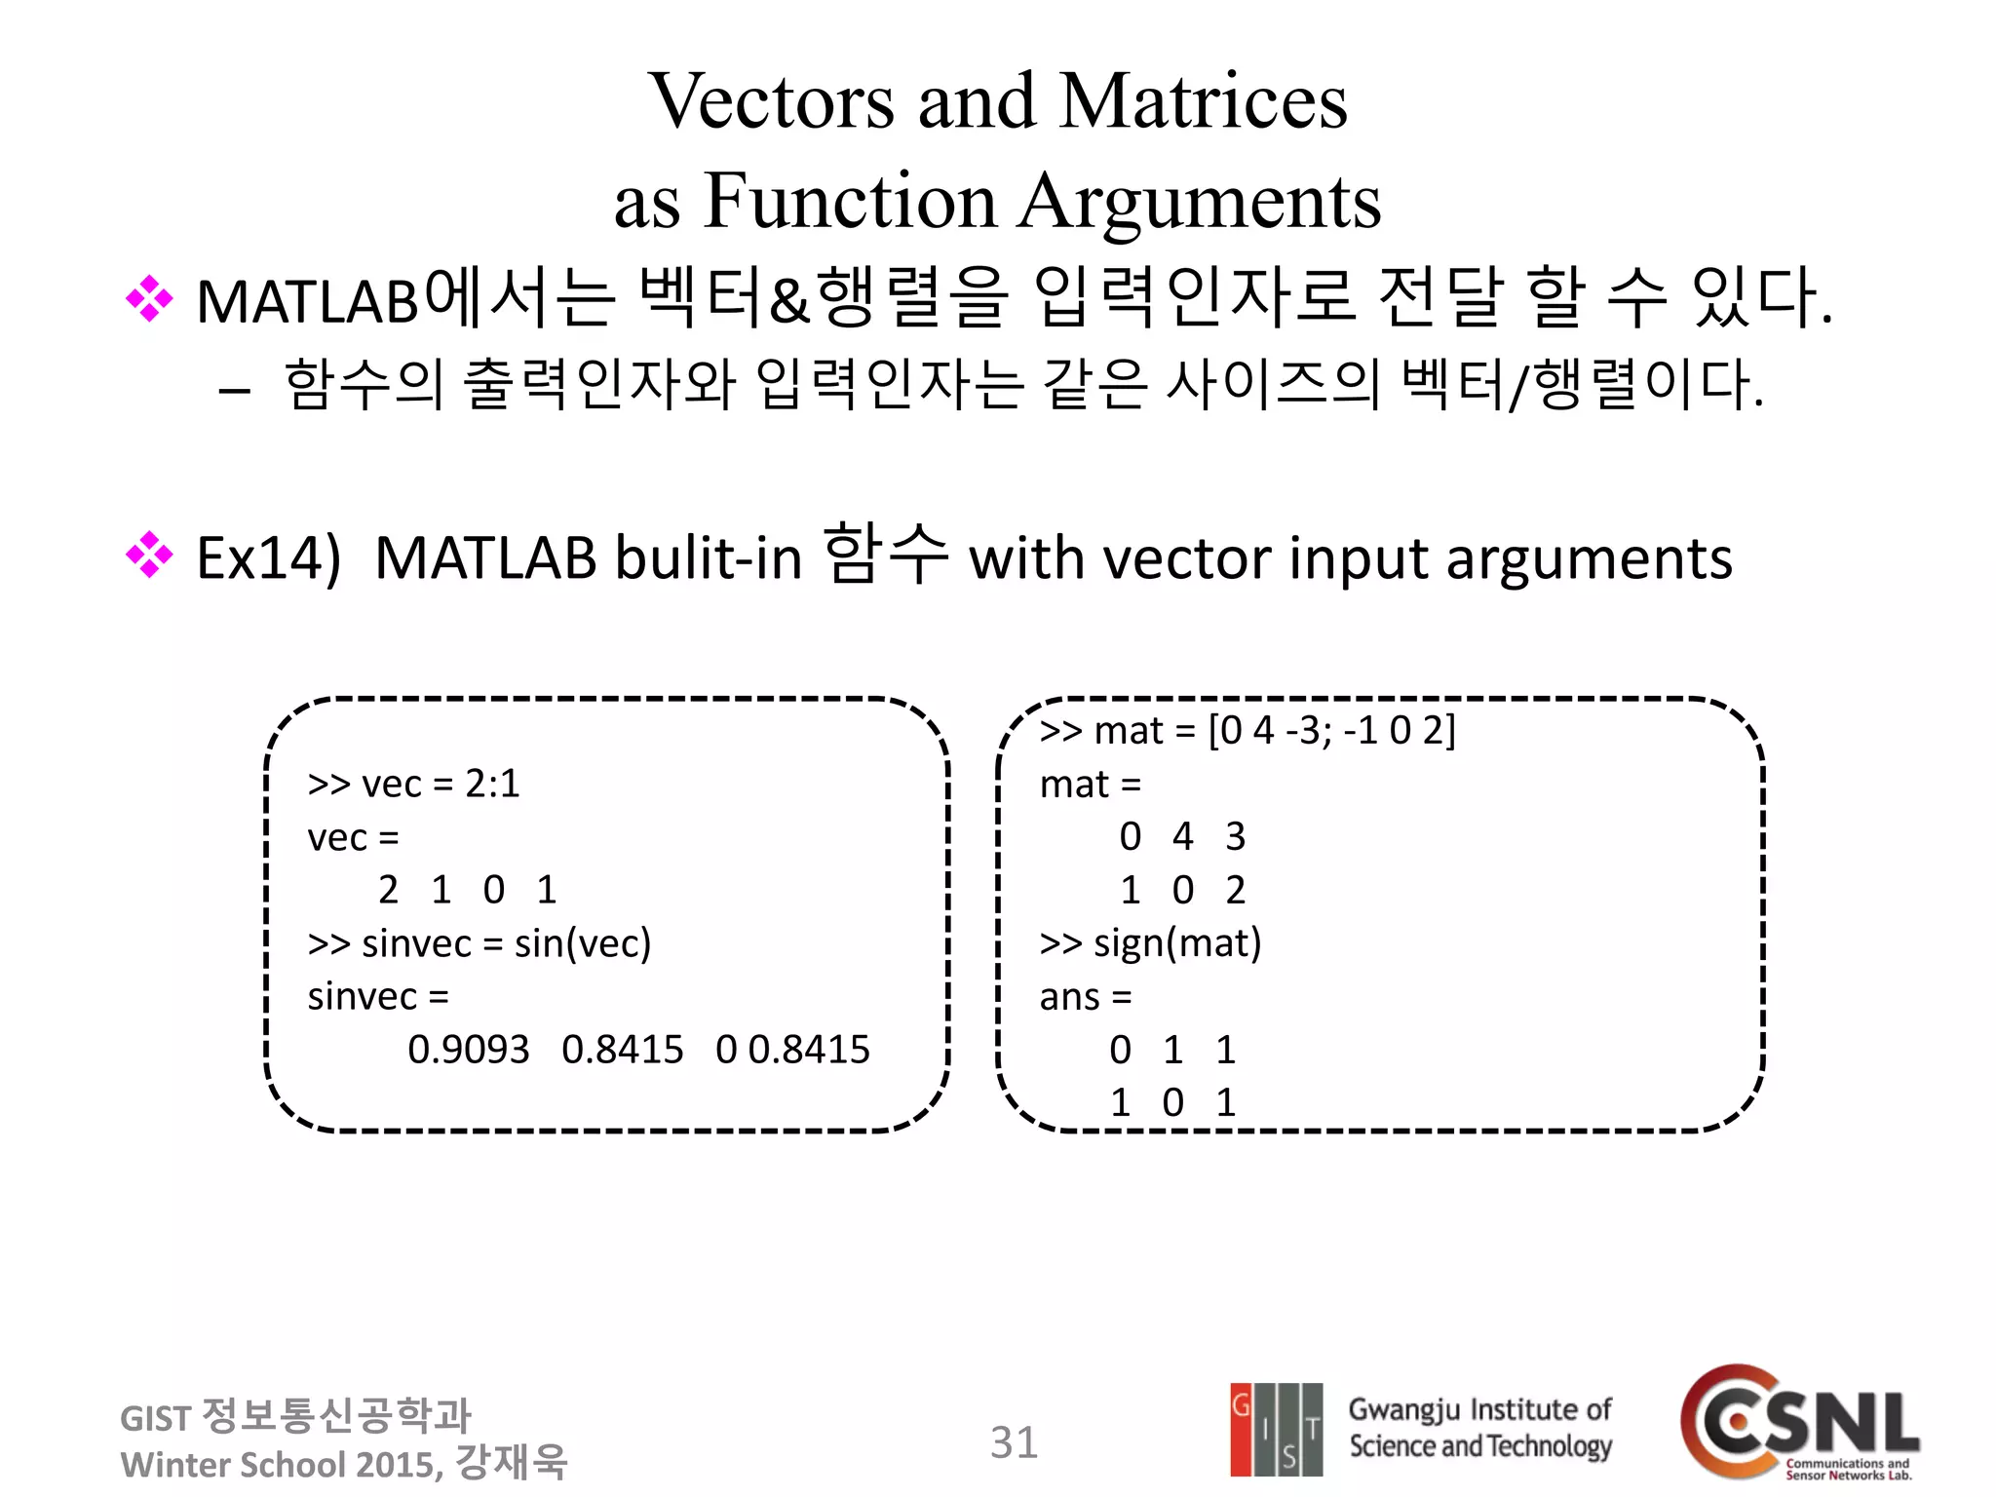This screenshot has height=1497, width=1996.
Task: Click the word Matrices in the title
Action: (x=1203, y=101)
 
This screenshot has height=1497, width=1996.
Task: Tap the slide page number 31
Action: (x=1014, y=1442)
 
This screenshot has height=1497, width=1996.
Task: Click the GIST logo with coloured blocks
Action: (x=1276, y=1429)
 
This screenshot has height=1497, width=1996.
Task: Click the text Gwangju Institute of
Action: (x=1479, y=1409)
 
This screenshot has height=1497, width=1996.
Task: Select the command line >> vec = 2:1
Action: (x=413, y=784)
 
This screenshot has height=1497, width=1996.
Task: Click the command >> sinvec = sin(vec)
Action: (x=479, y=943)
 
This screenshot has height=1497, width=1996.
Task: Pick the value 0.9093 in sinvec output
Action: (x=468, y=1050)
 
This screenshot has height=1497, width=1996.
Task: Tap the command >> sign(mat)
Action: (x=1150, y=943)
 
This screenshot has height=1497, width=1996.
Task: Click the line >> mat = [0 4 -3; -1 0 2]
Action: (x=1247, y=731)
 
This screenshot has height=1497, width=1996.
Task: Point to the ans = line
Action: (x=1085, y=997)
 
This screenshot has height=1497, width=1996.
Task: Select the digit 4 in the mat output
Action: (x=1182, y=836)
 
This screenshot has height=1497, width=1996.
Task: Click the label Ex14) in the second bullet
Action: (x=268, y=558)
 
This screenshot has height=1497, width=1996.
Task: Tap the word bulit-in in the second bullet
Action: (x=709, y=558)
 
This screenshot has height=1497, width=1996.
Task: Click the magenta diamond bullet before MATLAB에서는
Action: (x=149, y=299)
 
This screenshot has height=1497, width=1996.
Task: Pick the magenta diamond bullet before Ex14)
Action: (x=149, y=556)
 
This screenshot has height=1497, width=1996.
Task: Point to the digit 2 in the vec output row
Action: (x=388, y=890)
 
